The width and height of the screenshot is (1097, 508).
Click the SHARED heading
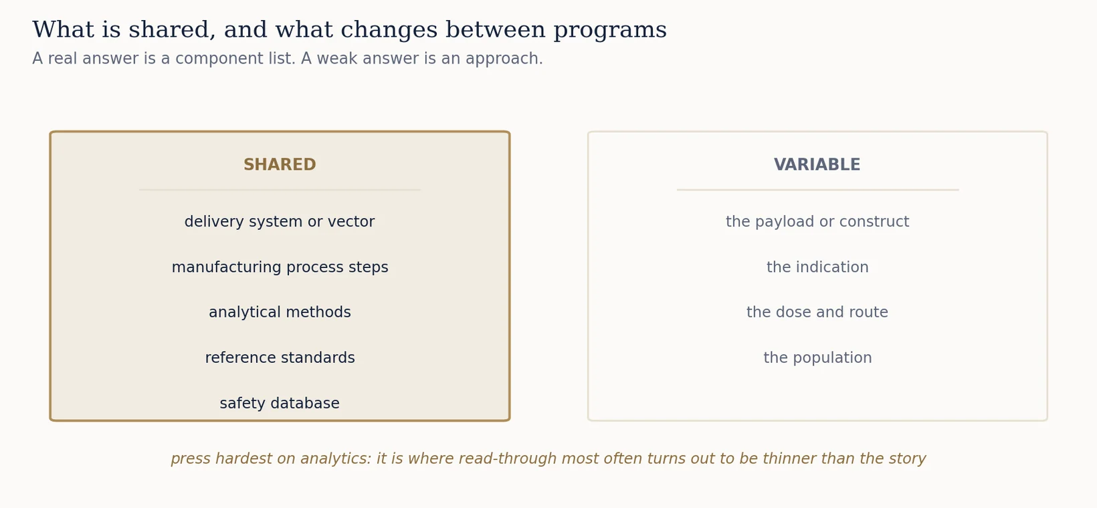(x=280, y=164)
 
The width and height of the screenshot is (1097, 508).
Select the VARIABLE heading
(x=817, y=164)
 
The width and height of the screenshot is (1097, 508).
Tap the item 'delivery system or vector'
(x=280, y=222)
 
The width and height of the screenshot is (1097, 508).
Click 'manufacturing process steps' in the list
(x=280, y=267)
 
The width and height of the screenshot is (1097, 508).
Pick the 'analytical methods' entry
(x=280, y=312)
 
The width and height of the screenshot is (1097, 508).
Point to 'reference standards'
(x=280, y=358)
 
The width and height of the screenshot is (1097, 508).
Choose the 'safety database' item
(x=280, y=403)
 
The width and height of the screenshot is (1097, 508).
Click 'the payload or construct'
(x=817, y=222)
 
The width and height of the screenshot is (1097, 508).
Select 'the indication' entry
(x=817, y=267)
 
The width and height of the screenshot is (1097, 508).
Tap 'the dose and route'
(x=817, y=312)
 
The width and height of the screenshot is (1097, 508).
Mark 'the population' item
(x=817, y=358)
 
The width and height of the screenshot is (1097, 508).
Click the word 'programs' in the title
(x=610, y=30)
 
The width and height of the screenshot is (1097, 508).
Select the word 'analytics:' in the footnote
(x=336, y=459)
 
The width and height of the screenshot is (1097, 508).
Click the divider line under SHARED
(x=280, y=190)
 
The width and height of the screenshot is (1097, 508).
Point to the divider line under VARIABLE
(x=817, y=190)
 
